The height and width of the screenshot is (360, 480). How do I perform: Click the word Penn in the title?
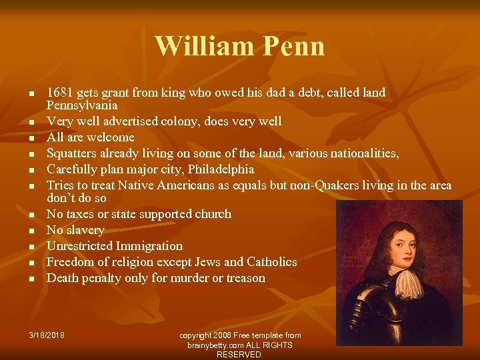pyautogui.click(x=294, y=46)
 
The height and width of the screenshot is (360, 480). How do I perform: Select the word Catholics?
pyautogui.click(x=271, y=262)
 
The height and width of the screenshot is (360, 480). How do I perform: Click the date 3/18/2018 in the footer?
pyautogui.click(x=47, y=335)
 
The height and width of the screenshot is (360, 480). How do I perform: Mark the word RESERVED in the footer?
pyautogui.click(x=239, y=355)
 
